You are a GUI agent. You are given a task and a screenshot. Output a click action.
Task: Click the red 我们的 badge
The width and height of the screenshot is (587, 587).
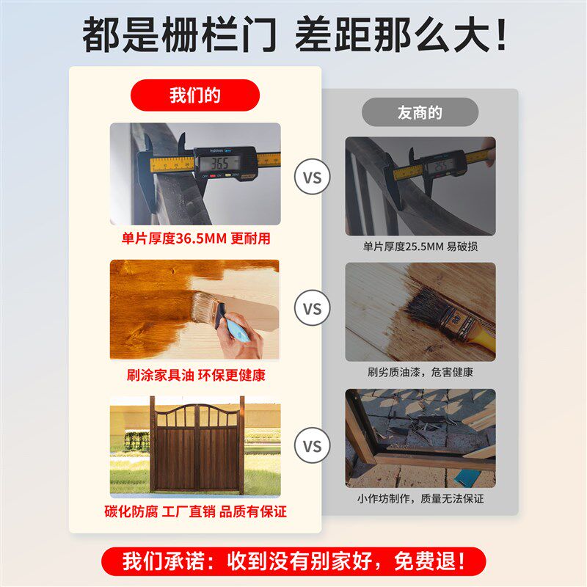195,95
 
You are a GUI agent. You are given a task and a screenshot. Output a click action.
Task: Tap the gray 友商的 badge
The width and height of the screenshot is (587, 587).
420,112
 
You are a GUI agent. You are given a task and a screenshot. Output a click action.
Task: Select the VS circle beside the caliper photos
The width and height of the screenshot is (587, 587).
313,177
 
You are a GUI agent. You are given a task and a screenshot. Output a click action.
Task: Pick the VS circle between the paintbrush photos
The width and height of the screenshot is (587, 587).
313,309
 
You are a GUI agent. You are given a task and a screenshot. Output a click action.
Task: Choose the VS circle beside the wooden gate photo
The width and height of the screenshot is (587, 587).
313,445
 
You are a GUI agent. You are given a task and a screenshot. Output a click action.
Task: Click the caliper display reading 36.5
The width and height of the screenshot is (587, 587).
220,162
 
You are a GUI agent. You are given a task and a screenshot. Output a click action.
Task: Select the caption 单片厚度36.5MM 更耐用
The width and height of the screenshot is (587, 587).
195,239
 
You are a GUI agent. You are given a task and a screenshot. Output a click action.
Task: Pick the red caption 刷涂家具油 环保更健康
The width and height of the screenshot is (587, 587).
195,375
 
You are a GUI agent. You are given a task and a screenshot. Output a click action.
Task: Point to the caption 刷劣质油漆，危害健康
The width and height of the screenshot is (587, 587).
420,373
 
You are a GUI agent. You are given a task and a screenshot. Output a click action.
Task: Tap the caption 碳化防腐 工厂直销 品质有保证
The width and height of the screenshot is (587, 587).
195,511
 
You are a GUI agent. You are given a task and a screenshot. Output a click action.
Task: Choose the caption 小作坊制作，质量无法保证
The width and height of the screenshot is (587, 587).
420,499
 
